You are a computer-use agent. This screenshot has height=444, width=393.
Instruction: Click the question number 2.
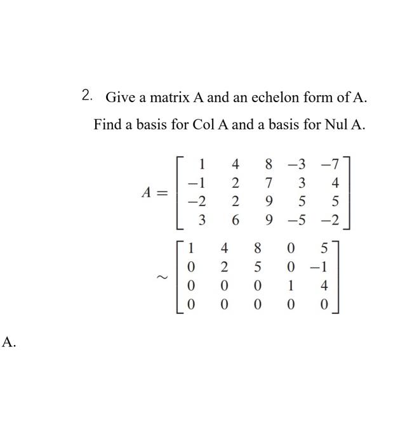click(x=88, y=96)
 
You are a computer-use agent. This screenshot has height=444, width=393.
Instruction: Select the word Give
click(x=118, y=98)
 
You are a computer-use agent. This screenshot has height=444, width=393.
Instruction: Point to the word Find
click(x=107, y=124)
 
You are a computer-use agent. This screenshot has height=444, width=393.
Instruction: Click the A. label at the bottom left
click(x=9, y=343)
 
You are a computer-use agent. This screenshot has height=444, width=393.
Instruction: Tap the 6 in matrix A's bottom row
click(x=236, y=220)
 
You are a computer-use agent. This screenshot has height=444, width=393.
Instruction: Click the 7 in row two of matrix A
click(x=269, y=183)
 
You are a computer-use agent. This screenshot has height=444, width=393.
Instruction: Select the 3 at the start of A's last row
click(x=202, y=220)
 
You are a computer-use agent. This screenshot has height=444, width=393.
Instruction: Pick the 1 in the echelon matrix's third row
click(x=290, y=286)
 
